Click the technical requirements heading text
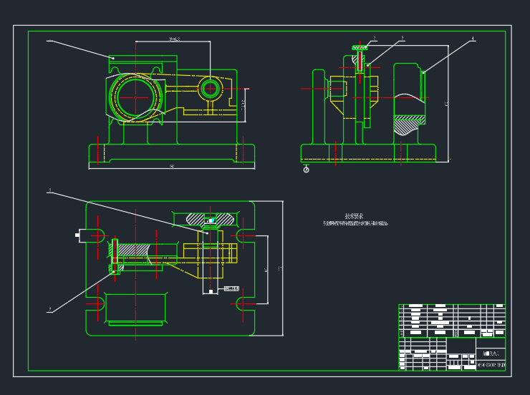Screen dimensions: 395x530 click(x=354, y=216)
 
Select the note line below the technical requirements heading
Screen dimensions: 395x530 click(x=355, y=224)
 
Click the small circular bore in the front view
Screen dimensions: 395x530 click(x=210, y=89)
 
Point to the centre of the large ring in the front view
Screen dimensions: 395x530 click(x=134, y=97)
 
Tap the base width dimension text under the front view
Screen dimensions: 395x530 click(x=172, y=167)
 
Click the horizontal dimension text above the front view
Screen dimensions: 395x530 click(x=175, y=39)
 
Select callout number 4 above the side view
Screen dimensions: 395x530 click(x=473, y=38)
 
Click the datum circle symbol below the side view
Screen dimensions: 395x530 click(x=307, y=170)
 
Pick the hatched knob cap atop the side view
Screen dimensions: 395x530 click(x=360, y=48)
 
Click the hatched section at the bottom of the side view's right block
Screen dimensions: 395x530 click(x=408, y=125)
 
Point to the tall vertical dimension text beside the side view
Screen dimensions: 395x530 click(x=446, y=104)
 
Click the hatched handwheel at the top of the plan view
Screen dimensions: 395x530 click(x=211, y=218)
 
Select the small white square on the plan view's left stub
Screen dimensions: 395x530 click(x=77, y=234)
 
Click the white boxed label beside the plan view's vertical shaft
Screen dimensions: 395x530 click(x=231, y=288)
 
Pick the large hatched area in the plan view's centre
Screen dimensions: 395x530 click(x=132, y=250)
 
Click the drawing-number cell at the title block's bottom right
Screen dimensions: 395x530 click(x=491, y=365)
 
